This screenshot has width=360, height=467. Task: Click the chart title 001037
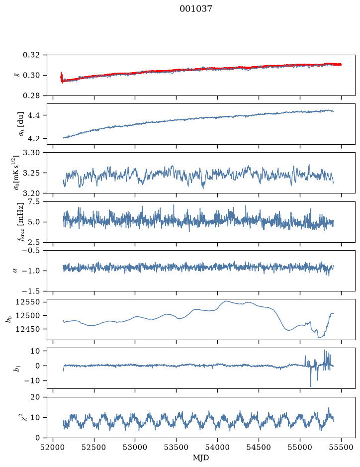[x=195, y=9]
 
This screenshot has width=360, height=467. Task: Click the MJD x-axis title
[x=201, y=458]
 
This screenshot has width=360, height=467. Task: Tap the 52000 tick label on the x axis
[x=53, y=448]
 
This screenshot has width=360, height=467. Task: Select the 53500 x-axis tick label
[x=177, y=448]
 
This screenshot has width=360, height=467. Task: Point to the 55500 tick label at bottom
[x=341, y=448]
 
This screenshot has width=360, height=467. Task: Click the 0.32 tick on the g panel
[x=31, y=55]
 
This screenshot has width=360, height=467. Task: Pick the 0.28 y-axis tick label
[x=31, y=95]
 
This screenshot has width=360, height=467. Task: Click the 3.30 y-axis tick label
[x=31, y=153]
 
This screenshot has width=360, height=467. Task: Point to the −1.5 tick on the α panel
[x=31, y=291]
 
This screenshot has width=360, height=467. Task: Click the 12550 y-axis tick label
[x=27, y=302]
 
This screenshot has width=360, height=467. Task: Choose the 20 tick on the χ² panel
[x=35, y=397]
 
